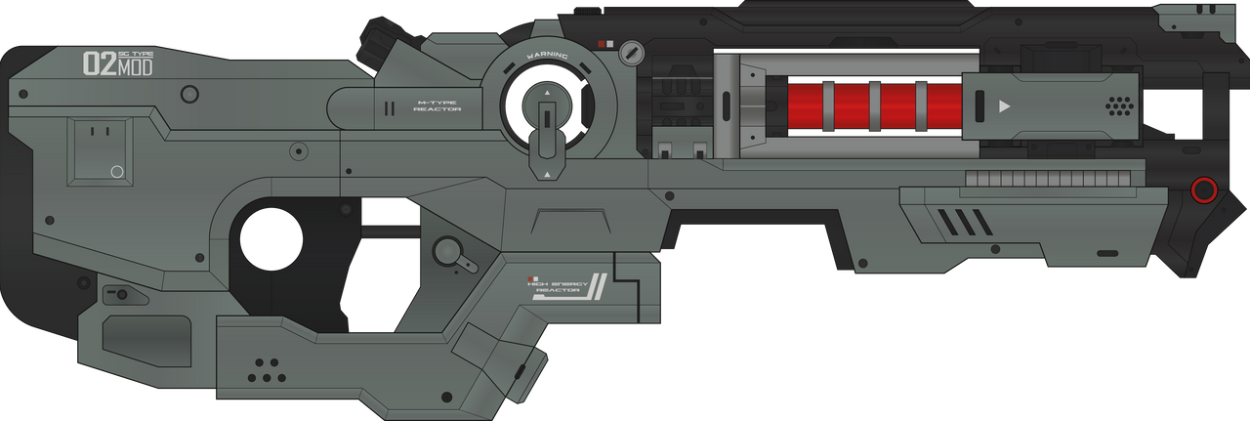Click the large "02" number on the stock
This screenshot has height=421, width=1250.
(100, 64)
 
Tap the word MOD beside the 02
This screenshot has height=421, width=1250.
(135, 68)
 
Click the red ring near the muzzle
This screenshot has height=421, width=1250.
(1204, 189)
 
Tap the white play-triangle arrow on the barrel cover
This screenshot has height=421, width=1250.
(1003, 105)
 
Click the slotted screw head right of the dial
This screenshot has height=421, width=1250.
(634, 50)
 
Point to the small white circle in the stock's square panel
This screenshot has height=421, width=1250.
(117, 172)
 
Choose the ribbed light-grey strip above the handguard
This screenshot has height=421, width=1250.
(1049, 179)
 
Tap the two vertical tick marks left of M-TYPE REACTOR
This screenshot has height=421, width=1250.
(389, 108)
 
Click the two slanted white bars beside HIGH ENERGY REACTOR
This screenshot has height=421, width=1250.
(598, 289)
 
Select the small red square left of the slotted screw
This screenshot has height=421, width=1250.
(609, 44)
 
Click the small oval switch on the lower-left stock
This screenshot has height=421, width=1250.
(119, 293)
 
